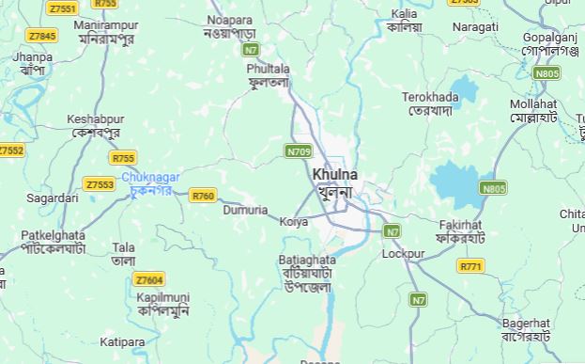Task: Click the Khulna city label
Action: point(334,175)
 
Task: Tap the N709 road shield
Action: point(299,150)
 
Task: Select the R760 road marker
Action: point(203,196)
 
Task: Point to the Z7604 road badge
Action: point(148,279)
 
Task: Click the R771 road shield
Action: point(470,266)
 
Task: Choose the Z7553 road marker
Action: point(99,184)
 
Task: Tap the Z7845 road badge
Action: point(41,36)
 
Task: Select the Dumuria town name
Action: point(245,211)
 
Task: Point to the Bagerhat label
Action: point(525,323)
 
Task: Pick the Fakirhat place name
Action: point(460,226)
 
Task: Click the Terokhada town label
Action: point(430,97)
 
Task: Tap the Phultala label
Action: point(269,70)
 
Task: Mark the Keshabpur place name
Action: point(95,119)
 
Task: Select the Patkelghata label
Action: point(53,235)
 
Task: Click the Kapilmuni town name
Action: point(162,297)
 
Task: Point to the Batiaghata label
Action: point(307,260)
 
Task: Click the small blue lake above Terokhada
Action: point(463,90)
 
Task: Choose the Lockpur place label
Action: point(404,254)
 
